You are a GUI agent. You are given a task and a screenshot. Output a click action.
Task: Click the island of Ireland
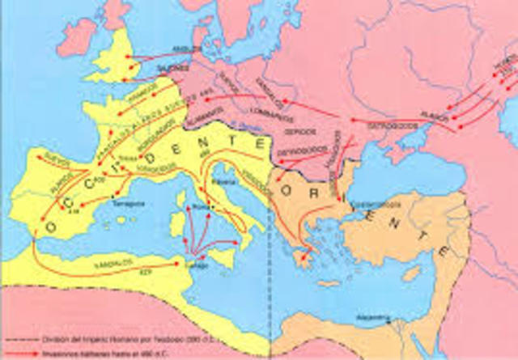point(76,36)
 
